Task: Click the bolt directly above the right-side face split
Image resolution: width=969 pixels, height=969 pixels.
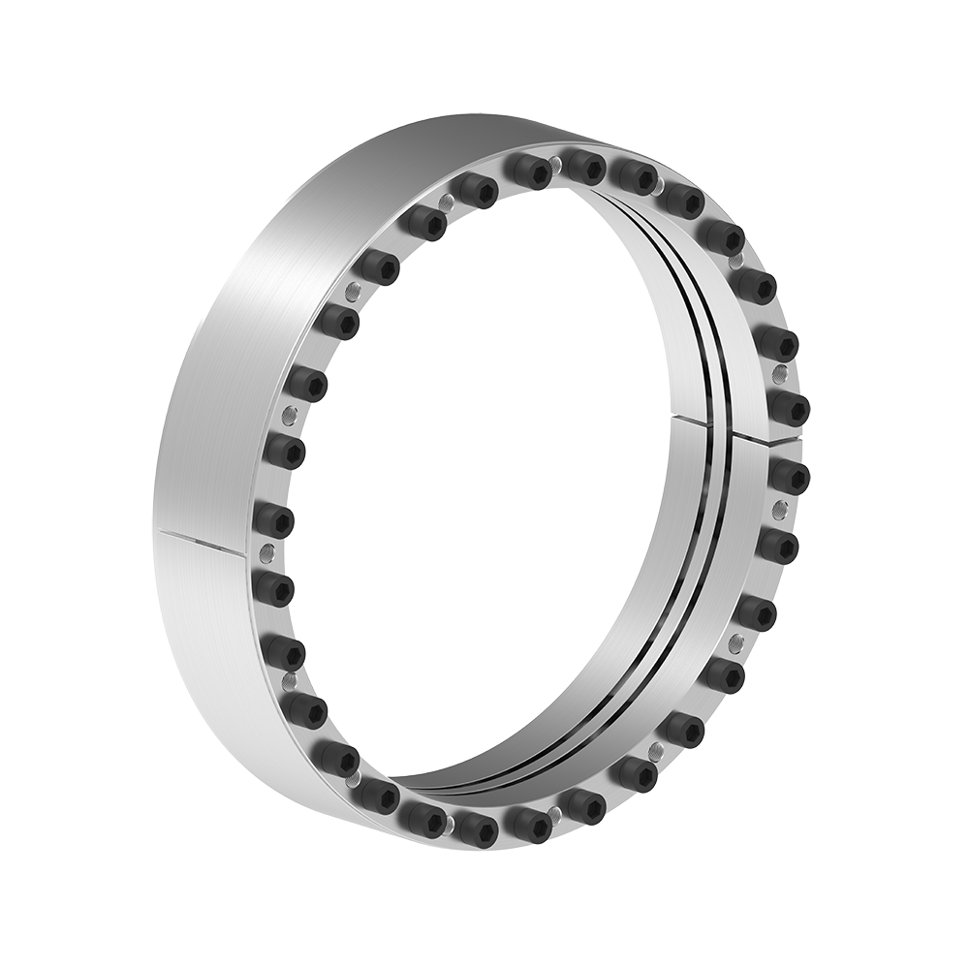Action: (x=789, y=408)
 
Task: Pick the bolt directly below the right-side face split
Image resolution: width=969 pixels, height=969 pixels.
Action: (x=789, y=475)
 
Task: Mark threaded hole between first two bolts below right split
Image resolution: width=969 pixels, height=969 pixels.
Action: (x=778, y=510)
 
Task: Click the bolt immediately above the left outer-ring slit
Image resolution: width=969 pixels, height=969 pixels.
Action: (x=274, y=519)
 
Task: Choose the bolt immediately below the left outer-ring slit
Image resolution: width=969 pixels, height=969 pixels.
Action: (x=274, y=586)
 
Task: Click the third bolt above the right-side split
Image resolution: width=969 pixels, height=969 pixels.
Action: (x=753, y=286)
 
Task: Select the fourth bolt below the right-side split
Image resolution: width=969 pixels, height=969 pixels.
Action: (x=725, y=675)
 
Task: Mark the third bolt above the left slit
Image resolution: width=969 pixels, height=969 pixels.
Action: (x=307, y=384)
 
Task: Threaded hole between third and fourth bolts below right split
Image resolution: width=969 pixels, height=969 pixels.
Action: (x=737, y=641)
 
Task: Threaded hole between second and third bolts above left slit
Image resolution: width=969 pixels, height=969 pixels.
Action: (x=288, y=416)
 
